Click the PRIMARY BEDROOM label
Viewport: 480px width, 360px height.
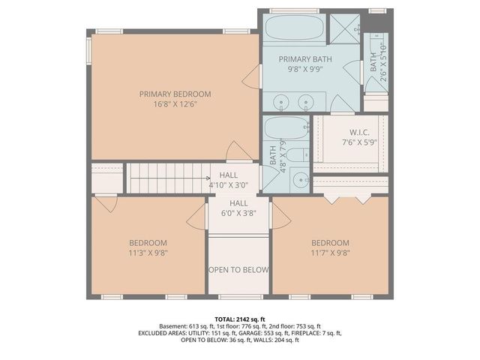tap(175, 94)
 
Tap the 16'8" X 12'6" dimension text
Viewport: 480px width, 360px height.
tap(175, 104)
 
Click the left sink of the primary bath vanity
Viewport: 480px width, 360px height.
tap(281, 101)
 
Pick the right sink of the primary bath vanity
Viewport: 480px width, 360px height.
tap(306, 101)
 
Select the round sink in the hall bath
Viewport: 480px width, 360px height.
tap(299, 178)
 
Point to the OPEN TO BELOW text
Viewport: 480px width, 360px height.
tap(238, 269)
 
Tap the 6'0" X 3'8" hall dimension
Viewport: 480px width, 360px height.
tap(238, 213)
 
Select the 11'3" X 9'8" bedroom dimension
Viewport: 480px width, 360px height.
tap(147, 253)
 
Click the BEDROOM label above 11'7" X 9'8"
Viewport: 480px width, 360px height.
tap(330, 242)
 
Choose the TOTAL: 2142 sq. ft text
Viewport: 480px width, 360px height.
tap(239, 319)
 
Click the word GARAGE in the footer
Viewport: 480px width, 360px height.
tap(244, 333)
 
